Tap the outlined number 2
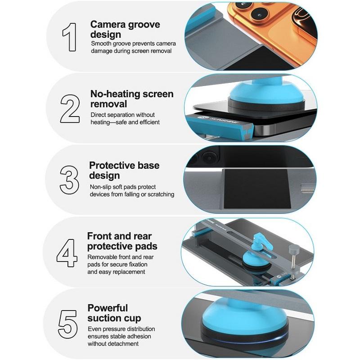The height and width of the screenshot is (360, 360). [x=70, y=108]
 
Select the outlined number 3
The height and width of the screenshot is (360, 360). [x=69, y=180]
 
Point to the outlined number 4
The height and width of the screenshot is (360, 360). [x=67, y=253]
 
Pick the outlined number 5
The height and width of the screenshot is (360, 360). [x=67, y=324]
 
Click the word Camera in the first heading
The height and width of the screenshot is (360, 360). [x=108, y=24]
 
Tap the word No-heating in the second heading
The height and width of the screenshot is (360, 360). [x=115, y=94]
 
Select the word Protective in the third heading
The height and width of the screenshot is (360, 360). [x=112, y=165]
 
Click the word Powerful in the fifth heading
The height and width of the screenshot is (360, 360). [x=108, y=308]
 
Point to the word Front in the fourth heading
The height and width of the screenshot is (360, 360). [x=98, y=236]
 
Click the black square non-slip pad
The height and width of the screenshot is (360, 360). [x=256, y=189]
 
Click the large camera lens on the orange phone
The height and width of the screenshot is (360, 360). [x=259, y=14]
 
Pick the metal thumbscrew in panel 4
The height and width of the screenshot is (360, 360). [x=293, y=260]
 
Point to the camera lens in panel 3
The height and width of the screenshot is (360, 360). [x=209, y=157]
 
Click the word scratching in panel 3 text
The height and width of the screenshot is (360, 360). [x=161, y=194]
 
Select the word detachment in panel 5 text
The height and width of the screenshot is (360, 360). [x=125, y=344]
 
